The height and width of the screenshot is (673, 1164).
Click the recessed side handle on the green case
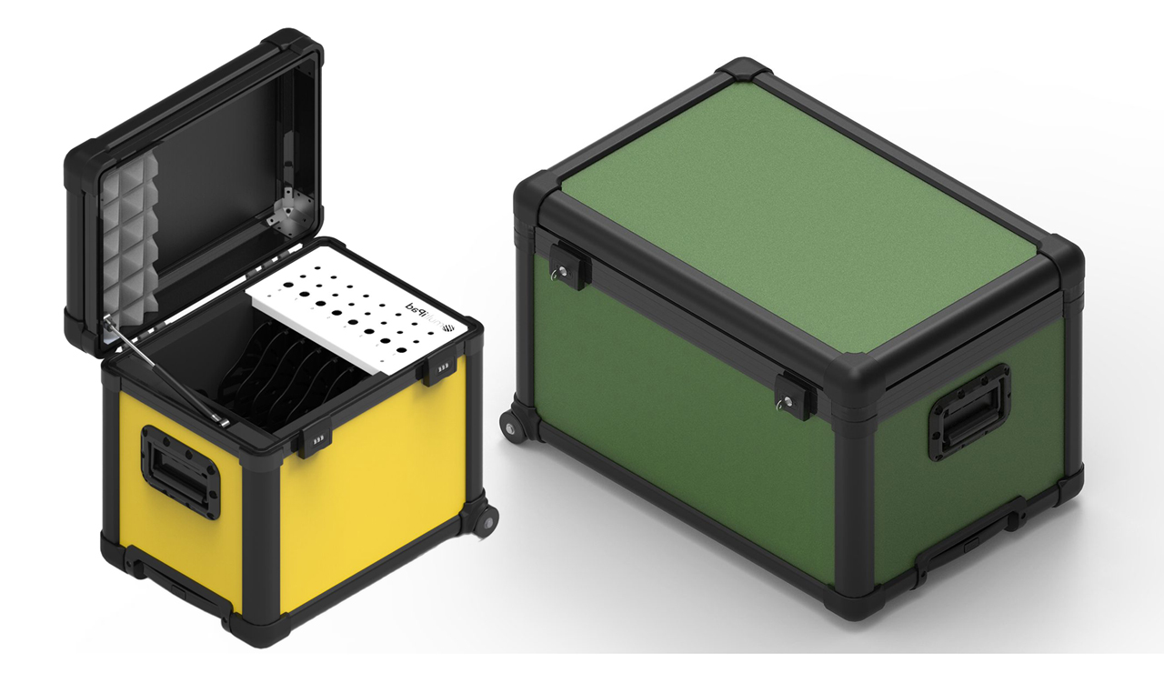[x=969, y=415]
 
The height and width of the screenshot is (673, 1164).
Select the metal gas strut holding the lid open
[x=164, y=368]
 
